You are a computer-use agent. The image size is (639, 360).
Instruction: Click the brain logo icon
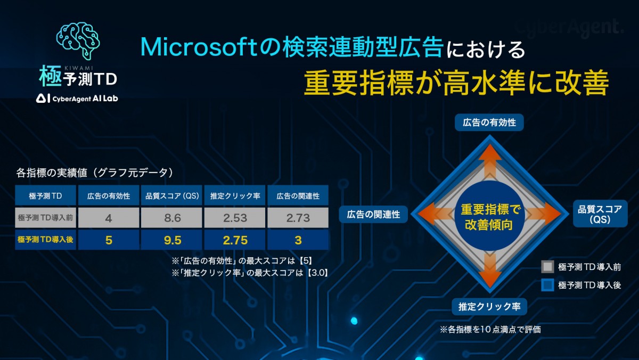click(78, 41)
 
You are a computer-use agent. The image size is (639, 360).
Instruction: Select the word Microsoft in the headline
click(199, 47)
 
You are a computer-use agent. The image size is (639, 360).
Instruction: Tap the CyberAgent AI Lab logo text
click(77, 99)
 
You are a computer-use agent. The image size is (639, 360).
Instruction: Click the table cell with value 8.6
click(171, 218)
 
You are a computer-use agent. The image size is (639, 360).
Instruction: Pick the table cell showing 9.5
click(171, 240)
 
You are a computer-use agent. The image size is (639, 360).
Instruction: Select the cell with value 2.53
click(235, 218)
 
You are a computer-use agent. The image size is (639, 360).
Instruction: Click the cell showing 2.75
click(235, 240)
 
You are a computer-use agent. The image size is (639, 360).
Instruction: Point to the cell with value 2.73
click(298, 218)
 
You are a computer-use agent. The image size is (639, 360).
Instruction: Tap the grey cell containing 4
click(109, 218)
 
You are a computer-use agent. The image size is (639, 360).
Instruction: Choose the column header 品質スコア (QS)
click(171, 195)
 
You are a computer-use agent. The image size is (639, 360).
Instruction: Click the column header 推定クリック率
click(235, 195)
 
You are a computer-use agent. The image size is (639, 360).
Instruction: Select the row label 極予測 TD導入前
click(46, 218)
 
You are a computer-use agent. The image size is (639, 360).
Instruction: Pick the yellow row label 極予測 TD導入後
click(46, 240)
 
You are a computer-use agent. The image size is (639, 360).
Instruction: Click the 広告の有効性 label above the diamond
click(489, 122)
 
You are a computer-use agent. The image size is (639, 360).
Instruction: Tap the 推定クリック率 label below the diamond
click(489, 307)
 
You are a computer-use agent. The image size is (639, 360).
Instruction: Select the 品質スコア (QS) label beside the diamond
click(600, 214)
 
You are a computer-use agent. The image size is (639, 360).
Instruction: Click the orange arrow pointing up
click(490, 162)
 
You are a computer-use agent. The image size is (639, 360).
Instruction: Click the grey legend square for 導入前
click(547, 267)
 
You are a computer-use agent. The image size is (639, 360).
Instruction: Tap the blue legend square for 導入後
click(547, 285)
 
